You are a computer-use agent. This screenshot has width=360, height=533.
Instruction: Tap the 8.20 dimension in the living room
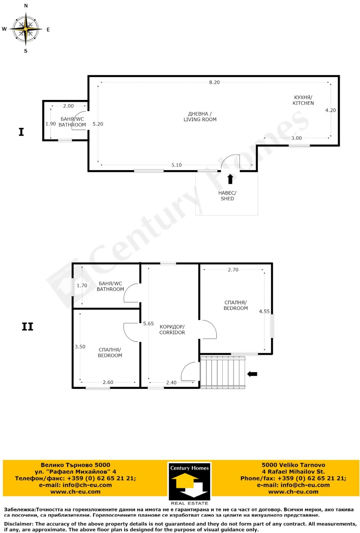[214, 82]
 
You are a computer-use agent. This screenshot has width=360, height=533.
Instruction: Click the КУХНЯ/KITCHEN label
[303, 100]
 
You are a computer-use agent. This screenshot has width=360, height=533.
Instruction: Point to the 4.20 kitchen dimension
[330, 110]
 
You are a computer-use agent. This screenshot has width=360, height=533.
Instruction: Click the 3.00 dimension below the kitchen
[296, 138]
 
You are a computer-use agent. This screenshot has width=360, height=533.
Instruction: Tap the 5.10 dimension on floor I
[176, 165]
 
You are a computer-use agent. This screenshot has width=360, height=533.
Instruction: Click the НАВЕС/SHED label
[227, 196]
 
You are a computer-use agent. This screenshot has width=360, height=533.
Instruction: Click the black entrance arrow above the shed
[230, 179]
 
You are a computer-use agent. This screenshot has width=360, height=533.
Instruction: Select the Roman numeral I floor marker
[21, 132]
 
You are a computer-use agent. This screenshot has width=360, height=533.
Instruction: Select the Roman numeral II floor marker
[27, 327]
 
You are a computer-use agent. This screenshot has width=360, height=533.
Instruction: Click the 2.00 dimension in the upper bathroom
[68, 106]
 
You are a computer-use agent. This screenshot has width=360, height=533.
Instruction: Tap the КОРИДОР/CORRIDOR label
[172, 330]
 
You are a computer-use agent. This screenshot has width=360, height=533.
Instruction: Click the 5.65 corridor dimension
[148, 323]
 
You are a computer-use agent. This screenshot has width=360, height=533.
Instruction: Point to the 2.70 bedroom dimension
[233, 270]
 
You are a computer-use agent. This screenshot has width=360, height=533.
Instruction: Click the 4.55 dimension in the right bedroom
[265, 311]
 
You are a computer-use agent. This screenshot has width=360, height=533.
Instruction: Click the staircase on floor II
[223, 372]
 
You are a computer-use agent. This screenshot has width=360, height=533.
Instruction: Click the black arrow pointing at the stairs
[252, 373]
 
